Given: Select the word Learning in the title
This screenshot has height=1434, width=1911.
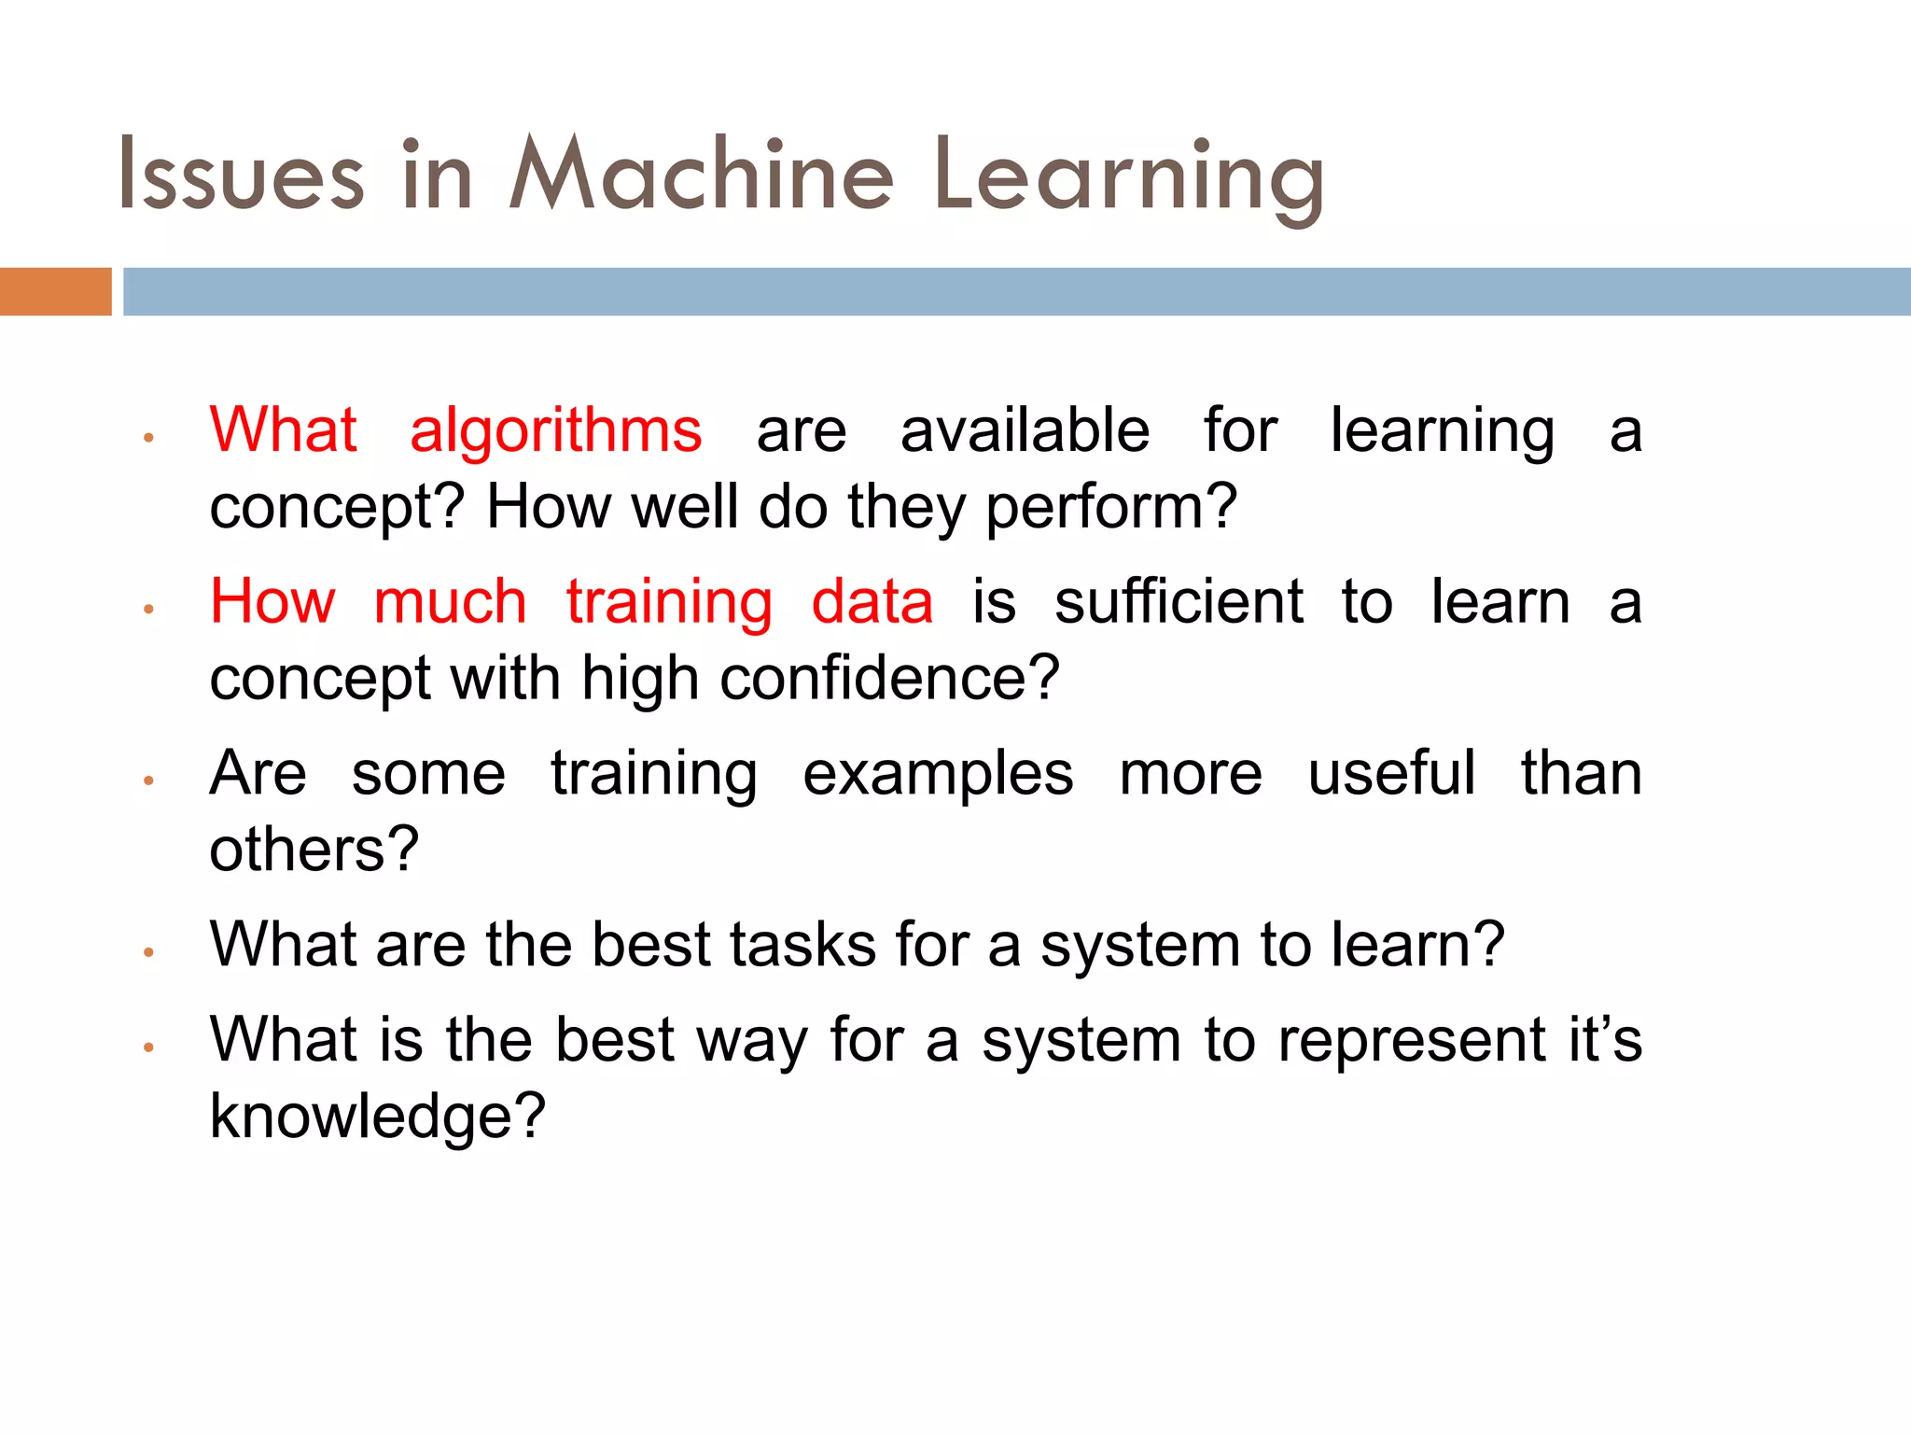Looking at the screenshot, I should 1128,177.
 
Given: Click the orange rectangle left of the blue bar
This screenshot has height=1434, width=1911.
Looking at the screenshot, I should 55,291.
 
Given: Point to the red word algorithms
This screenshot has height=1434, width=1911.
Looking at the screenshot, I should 555,431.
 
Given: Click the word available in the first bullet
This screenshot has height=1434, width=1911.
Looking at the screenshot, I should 1025,430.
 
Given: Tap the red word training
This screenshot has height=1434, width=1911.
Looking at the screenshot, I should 669,603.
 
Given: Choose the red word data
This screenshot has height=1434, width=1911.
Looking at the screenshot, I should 872,601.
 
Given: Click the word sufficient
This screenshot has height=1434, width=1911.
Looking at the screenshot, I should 1179,601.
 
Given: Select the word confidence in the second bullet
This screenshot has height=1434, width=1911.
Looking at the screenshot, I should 889,678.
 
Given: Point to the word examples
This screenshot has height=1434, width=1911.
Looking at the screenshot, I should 938,775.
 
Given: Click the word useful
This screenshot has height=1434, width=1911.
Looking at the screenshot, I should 1391,773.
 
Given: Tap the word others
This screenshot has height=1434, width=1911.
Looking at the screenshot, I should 314,850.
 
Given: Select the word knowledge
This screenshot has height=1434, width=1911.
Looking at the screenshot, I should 376,1117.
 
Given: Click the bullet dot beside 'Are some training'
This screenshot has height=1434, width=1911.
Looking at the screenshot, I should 148,780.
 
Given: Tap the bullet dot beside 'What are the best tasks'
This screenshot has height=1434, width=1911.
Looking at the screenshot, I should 148,951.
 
